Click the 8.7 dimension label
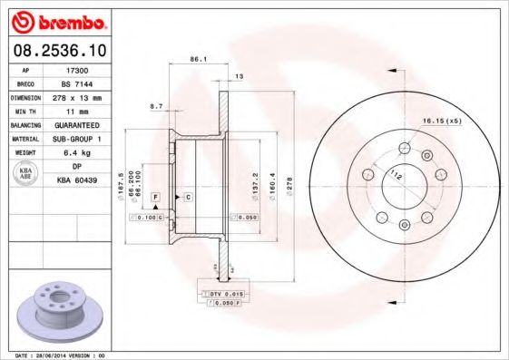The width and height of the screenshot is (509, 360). [156, 106]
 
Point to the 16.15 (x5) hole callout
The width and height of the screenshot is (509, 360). [441, 119]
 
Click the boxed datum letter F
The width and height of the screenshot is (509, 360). [156, 197]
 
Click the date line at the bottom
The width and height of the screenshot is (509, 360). [54, 355]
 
